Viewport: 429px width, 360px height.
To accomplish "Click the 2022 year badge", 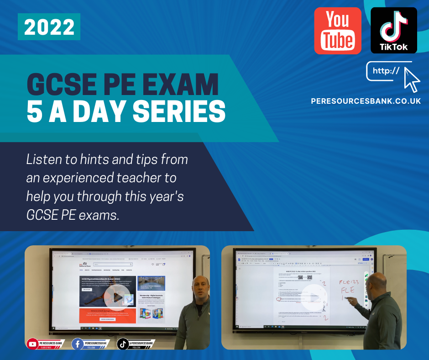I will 49,27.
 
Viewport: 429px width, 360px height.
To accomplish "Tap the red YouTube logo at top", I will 338,31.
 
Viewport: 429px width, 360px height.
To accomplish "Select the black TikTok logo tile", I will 394,31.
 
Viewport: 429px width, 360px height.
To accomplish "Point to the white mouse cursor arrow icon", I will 412,78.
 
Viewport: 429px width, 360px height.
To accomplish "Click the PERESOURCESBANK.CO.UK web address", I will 366,101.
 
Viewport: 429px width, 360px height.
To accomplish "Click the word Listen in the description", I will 42,159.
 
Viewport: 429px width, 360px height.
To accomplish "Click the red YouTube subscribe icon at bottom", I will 32,343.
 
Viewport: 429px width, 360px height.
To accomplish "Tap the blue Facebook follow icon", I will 78,344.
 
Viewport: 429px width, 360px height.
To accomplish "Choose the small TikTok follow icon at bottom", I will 123,344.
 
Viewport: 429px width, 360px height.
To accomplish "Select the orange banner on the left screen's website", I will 107,316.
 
